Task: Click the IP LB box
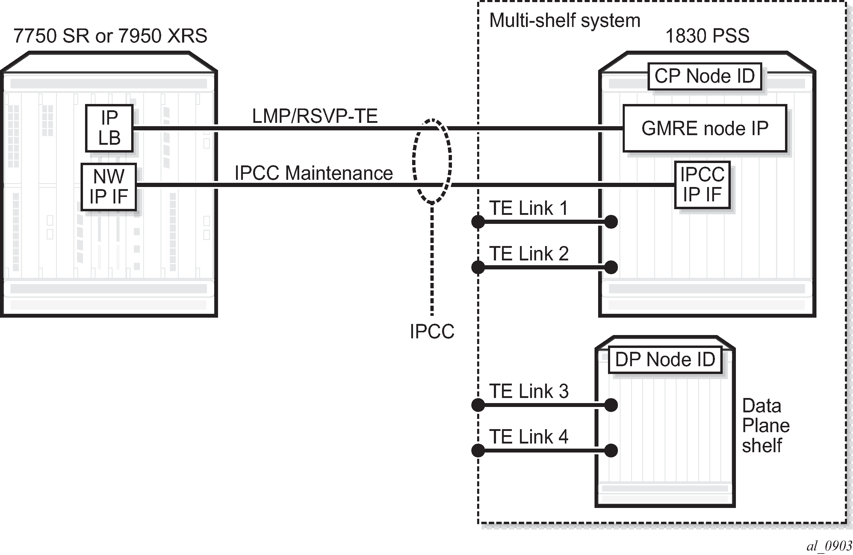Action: pos(109,128)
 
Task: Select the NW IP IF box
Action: pos(109,187)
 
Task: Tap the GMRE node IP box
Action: pos(705,128)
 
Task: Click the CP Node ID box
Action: pos(705,76)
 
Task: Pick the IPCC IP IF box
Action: pos(702,185)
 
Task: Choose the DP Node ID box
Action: pos(665,360)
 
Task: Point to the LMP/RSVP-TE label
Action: pos(315,116)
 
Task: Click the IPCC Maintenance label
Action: pos(314,173)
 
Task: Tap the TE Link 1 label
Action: pos(529,208)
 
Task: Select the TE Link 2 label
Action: pos(529,254)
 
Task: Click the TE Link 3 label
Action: pos(529,391)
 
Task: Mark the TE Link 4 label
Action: pos(529,437)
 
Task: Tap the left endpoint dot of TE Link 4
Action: pos(478,451)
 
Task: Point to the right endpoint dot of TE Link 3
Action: pos(611,405)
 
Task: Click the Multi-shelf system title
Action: pos(565,20)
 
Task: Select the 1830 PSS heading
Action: pos(707,36)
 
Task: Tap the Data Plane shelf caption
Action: pos(766,426)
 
